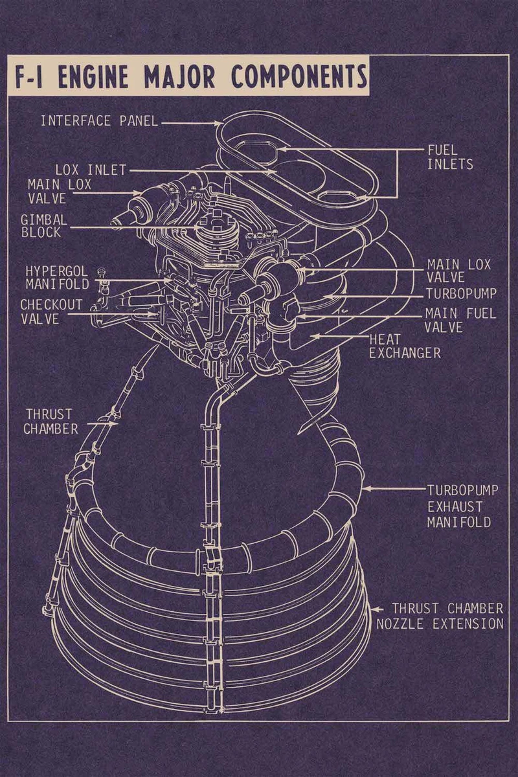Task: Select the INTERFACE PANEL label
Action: coord(99,121)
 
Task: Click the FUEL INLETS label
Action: coord(449,157)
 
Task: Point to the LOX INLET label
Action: coord(91,170)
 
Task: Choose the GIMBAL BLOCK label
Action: coord(43,226)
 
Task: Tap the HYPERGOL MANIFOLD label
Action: coord(57,277)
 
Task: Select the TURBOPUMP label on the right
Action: coord(461,294)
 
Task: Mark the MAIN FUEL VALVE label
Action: coord(460,321)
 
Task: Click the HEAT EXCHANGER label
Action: coord(405,346)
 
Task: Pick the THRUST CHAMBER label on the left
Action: coord(52,421)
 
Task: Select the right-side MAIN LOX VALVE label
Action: coord(458,271)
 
